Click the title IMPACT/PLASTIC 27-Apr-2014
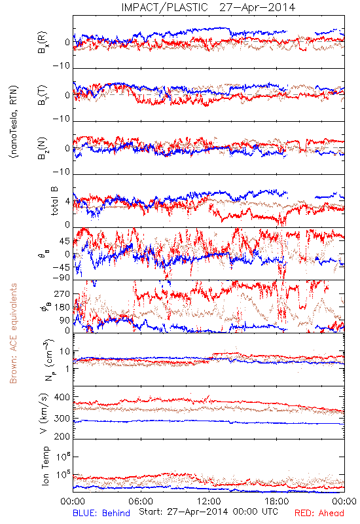[208, 7]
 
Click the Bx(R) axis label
[43, 43]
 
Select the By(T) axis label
[43, 95]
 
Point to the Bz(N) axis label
[43, 148]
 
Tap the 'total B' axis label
[54, 201]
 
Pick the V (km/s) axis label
[44, 413]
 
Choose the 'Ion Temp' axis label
[45, 466]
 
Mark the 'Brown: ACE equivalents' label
[13, 333]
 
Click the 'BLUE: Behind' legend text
[101, 514]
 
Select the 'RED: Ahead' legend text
[319, 514]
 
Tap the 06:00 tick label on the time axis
[141, 502]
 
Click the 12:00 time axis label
[209, 502]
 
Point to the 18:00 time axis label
[277, 502]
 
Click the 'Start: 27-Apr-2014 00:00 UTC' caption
[208, 512]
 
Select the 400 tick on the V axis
[62, 398]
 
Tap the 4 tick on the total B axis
[68, 202]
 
